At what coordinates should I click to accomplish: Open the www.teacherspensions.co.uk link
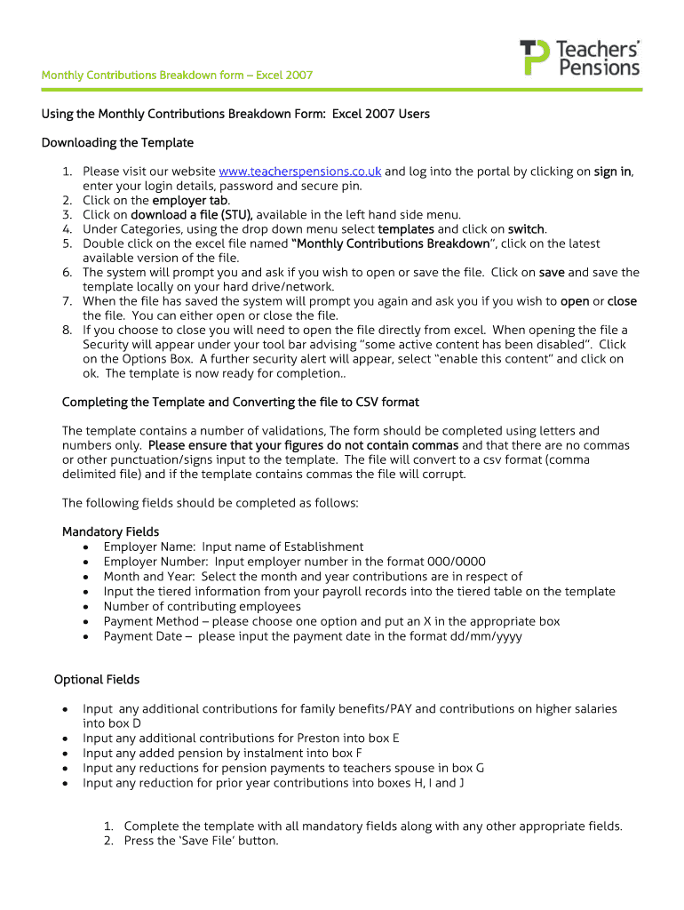click(x=300, y=172)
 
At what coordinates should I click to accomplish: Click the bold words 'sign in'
click(x=613, y=172)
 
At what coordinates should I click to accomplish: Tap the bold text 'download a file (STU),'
click(x=192, y=214)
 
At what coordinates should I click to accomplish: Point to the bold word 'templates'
click(x=406, y=229)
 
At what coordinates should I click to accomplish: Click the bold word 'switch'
click(x=526, y=229)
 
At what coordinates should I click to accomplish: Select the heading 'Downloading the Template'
click(x=117, y=143)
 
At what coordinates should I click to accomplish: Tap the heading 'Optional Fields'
click(x=97, y=680)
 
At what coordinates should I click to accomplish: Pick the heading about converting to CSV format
click(x=240, y=403)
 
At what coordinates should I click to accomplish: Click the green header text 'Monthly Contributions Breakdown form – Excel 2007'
click(x=177, y=75)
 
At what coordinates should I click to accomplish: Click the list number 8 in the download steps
click(x=67, y=330)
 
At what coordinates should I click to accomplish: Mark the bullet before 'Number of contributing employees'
click(x=84, y=607)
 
